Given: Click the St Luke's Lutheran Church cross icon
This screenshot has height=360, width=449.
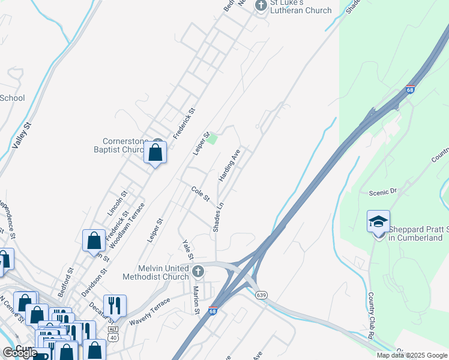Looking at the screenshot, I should tap(261, 5).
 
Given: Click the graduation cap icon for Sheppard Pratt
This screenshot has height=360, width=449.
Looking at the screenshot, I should tap(378, 221).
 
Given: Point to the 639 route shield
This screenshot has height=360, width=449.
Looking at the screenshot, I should tap(260, 295).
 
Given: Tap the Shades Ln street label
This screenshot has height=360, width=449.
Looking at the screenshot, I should tap(218, 217).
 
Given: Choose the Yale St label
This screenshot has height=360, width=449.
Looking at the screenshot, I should tap(187, 250).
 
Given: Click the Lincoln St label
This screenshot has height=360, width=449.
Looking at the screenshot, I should tap(118, 203).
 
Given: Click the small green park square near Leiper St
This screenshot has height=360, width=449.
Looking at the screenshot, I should tap(211, 139).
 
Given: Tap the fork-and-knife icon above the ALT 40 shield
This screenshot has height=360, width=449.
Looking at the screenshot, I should tap(115, 306).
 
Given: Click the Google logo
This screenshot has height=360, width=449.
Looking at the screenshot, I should tap(20, 353).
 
